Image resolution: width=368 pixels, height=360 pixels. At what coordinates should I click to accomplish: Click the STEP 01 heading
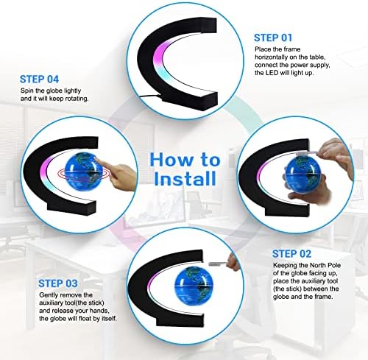(273, 38)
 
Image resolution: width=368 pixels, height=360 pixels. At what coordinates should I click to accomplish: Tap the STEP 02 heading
(291, 254)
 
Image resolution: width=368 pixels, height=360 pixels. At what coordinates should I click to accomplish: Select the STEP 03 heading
(58, 283)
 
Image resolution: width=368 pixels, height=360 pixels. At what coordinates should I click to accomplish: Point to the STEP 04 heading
(39, 80)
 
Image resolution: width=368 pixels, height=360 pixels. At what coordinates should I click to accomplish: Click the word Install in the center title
(185, 179)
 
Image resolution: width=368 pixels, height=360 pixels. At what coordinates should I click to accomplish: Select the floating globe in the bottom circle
(194, 285)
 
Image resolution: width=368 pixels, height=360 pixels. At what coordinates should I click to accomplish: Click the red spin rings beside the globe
(64, 174)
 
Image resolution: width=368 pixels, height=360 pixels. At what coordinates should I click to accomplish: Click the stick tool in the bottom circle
(218, 264)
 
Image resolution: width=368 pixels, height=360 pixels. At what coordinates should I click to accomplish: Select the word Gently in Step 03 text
(49, 295)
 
